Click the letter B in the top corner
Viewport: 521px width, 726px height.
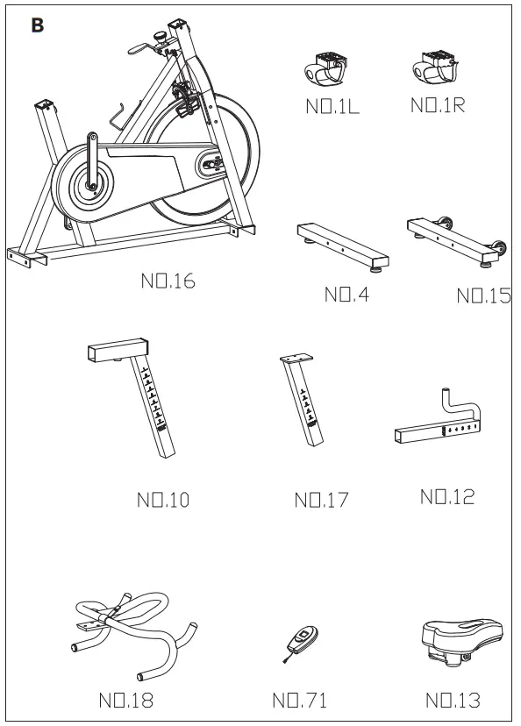coord(37,25)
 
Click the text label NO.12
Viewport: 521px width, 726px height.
coord(447,497)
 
